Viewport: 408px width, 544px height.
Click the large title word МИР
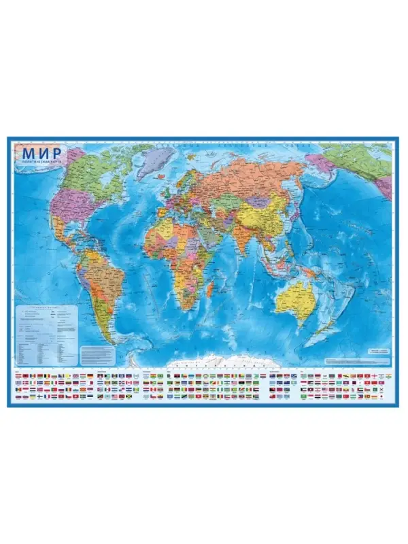coord(39,154)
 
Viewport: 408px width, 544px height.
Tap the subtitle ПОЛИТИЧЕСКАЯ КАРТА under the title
coord(39,164)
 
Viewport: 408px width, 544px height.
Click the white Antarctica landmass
coord(224,360)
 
